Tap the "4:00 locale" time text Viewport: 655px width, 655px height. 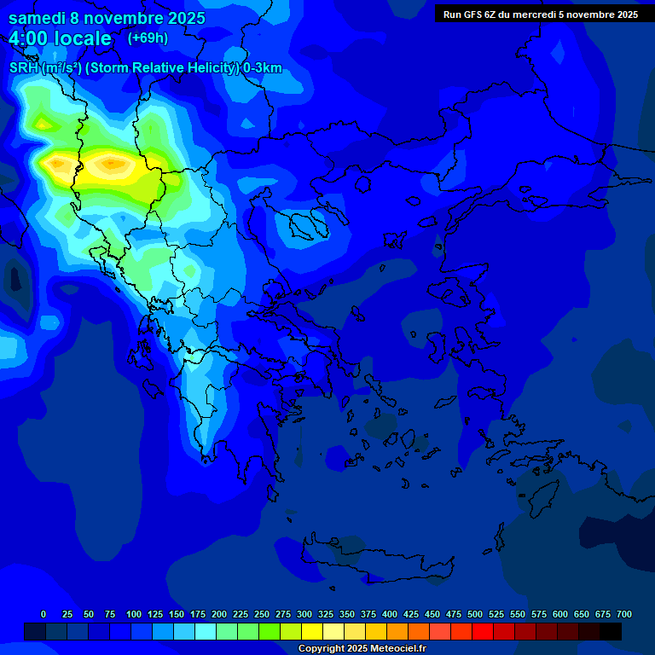(x=60, y=38)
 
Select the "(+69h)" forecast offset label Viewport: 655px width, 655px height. (x=148, y=38)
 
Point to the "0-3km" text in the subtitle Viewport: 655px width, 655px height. (x=263, y=68)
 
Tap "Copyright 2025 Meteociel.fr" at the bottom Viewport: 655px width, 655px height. (x=362, y=648)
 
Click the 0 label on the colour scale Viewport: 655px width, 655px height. (x=43, y=614)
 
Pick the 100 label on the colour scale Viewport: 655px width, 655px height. (x=134, y=614)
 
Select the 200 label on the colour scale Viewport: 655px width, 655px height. (x=219, y=614)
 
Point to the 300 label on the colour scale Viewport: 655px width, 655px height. (x=304, y=614)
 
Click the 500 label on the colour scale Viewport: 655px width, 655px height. (x=475, y=614)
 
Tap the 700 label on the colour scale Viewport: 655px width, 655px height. (x=624, y=614)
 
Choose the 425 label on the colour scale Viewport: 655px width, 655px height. (x=411, y=614)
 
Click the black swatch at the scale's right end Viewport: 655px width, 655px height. (x=611, y=631)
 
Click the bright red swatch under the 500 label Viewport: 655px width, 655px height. (x=483, y=631)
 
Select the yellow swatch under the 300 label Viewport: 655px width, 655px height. (x=312, y=631)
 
